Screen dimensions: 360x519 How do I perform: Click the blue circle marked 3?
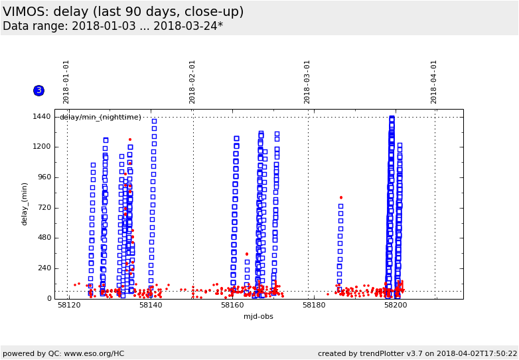pyautogui.click(x=38, y=90)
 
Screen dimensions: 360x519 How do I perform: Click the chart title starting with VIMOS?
pyautogui.click(x=123, y=12)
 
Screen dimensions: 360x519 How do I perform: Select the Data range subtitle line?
pyautogui.click(x=113, y=27)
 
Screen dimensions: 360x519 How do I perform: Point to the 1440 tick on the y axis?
pyautogui.click(x=42, y=117)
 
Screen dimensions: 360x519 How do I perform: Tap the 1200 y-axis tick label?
pyautogui.click(x=42, y=147)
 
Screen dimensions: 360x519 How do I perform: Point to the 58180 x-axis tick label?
pyautogui.click(x=314, y=306)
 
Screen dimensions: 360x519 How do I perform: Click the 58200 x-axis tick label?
pyautogui.click(x=396, y=306)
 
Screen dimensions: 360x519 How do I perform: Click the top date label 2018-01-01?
pyautogui.click(x=66, y=82)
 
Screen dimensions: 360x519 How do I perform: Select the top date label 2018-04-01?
pyautogui.click(x=435, y=82)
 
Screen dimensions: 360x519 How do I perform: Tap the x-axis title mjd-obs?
pyautogui.click(x=258, y=316)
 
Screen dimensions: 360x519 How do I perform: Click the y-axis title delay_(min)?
pyautogui.click(x=25, y=204)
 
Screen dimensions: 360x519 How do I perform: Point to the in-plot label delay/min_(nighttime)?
pyautogui.click(x=100, y=118)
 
